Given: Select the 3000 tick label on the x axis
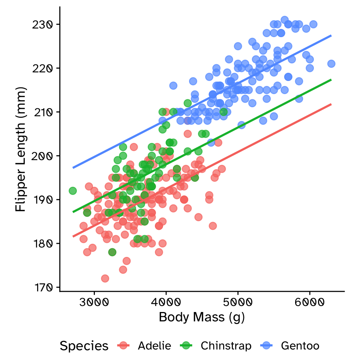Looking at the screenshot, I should click(94, 302).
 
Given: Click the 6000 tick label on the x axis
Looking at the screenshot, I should click(310, 302).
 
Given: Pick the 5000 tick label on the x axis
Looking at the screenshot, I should click(238, 302).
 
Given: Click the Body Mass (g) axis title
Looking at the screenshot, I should click(202, 318).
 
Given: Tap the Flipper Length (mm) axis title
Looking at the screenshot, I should click(21, 149).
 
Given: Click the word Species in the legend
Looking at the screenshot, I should click(84, 346).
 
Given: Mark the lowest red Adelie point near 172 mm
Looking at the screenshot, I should click(105, 278).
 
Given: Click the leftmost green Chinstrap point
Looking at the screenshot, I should click(73, 191).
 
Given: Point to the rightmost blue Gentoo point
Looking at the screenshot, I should click(331, 64).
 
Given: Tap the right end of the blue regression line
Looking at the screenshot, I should click(331, 36).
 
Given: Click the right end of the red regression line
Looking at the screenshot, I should click(331, 104).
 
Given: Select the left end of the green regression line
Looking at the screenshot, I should click(73, 212).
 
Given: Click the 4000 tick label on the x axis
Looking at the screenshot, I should click(166, 302).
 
